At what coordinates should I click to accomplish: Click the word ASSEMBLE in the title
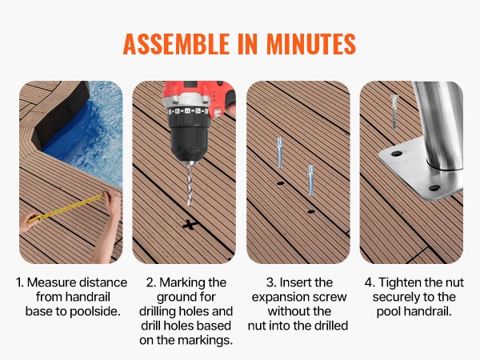coord(176,43)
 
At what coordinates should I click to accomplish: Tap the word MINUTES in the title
coord(311,43)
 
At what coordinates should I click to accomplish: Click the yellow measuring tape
coord(66,208)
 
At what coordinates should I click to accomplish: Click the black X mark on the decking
coord(190,226)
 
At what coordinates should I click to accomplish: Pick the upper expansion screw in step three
coord(279,153)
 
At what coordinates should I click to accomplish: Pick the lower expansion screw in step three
coord(310,180)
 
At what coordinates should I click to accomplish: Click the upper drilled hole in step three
coord(281,184)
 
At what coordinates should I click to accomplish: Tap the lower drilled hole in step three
coord(311,211)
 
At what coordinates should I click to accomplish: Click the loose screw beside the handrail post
coord(394,113)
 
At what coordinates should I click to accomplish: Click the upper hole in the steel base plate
coord(397,154)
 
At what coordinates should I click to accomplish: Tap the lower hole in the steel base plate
coord(434,188)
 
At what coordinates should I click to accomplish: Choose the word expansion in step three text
coord(275,298)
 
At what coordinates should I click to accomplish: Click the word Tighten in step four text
coord(398,282)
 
